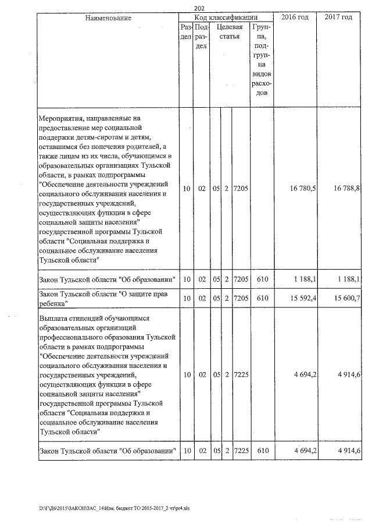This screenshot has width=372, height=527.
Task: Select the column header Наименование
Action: (108, 18)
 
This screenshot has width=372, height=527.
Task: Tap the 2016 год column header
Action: (295, 18)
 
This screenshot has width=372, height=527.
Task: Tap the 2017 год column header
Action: (338, 18)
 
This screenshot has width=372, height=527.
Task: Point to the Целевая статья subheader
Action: (229, 32)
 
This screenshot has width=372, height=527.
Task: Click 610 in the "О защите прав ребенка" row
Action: (262, 299)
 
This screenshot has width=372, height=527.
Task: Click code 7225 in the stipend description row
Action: (241, 375)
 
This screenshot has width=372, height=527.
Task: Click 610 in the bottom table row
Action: (262, 451)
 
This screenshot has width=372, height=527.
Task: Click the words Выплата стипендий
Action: (69, 319)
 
